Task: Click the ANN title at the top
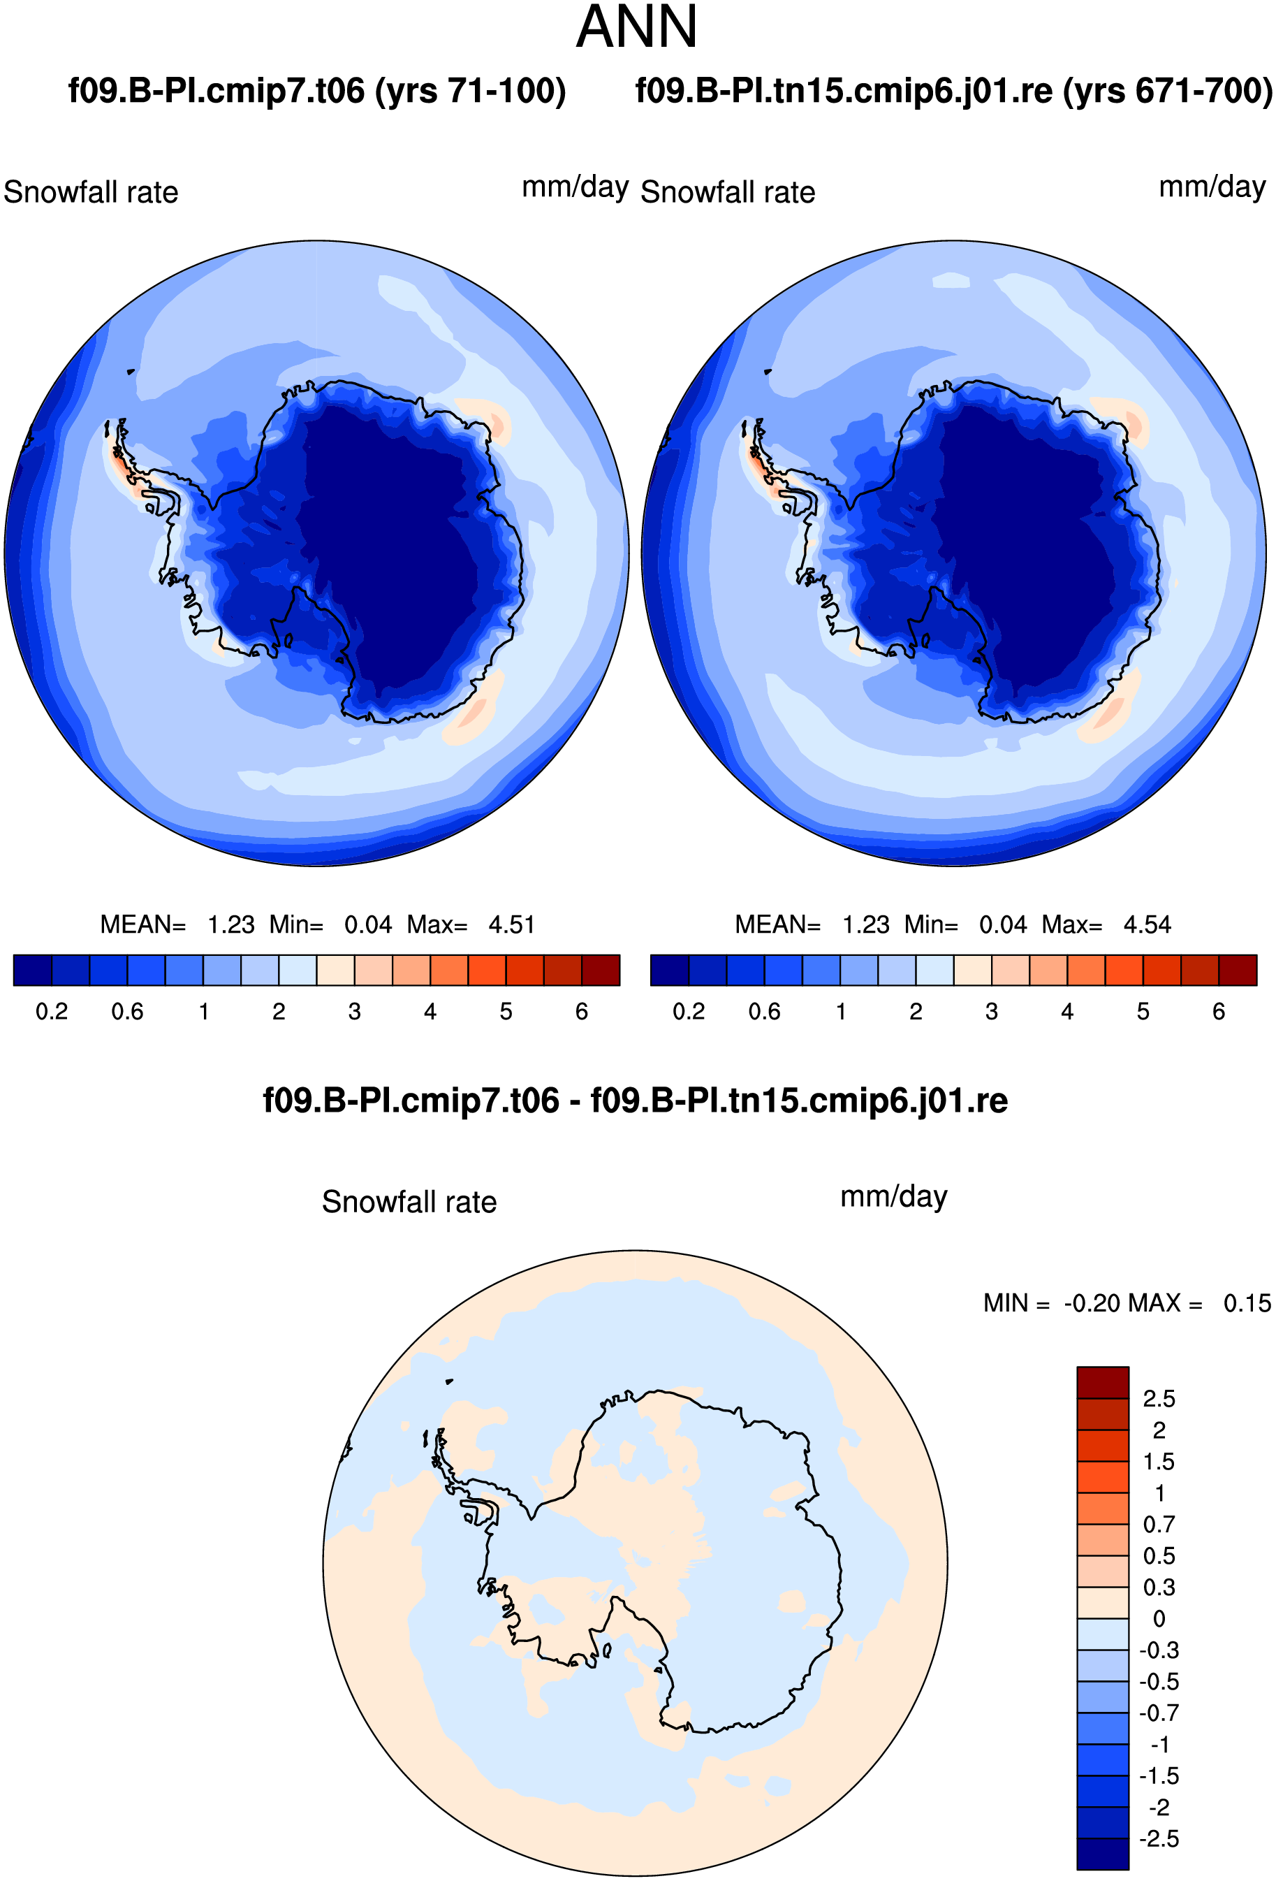pyautogui.click(x=636, y=27)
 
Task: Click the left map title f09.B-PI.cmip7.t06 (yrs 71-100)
pyautogui.click(x=317, y=91)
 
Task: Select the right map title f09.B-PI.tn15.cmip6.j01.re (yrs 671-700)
pyautogui.click(x=954, y=91)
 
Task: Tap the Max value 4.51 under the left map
pyautogui.click(x=511, y=924)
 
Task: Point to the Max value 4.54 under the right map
pyautogui.click(x=1147, y=924)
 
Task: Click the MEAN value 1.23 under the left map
pyautogui.click(x=231, y=924)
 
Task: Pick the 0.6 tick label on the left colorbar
pyautogui.click(x=128, y=1012)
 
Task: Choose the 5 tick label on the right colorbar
pyautogui.click(x=1143, y=1012)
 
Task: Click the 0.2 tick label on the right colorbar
pyautogui.click(x=689, y=1012)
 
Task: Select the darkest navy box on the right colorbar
pyautogui.click(x=669, y=971)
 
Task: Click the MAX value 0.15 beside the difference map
pyautogui.click(x=1247, y=1303)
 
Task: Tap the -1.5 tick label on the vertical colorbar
pyautogui.click(x=1159, y=1775)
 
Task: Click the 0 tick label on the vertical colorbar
pyautogui.click(x=1159, y=1619)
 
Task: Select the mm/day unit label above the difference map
pyautogui.click(x=893, y=1197)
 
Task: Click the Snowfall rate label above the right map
pyautogui.click(x=728, y=193)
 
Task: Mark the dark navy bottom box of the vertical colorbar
pyautogui.click(x=1102, y=1854)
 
